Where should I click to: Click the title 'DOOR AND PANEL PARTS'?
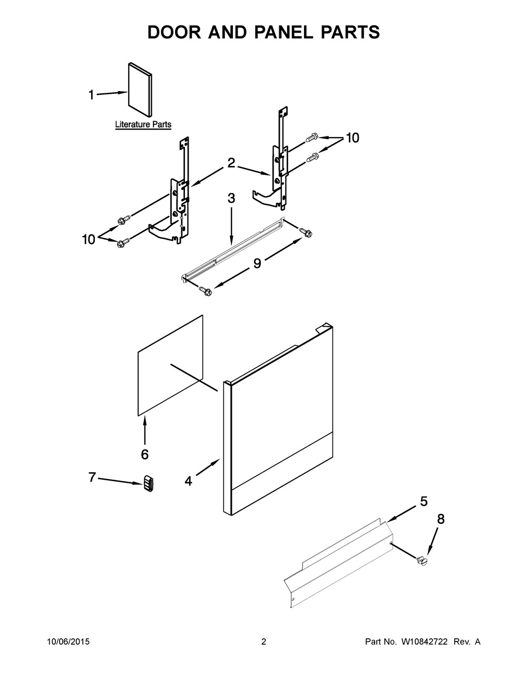263,32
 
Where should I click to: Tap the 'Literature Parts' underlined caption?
143,125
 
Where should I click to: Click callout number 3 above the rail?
231,199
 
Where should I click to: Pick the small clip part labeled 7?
148,483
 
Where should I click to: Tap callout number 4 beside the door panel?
188,481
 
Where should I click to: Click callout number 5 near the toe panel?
424,501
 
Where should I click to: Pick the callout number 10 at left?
89,239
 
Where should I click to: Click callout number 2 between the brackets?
231,163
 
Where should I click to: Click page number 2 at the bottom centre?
263,641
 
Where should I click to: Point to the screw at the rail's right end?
305,231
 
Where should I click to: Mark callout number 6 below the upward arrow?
144,454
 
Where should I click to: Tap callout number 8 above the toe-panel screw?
441,519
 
